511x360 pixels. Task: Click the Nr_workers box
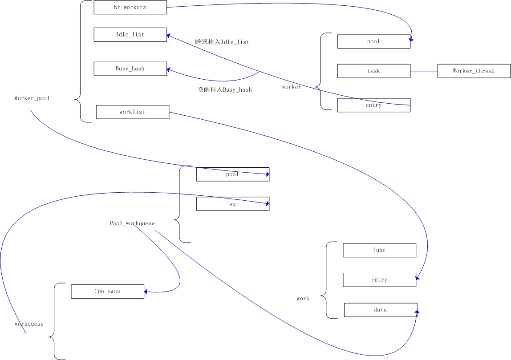130,8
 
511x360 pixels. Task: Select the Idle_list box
130,35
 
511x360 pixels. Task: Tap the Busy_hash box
130,69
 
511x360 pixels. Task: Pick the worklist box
132,112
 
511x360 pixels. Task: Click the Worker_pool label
32,98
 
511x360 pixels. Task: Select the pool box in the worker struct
373,41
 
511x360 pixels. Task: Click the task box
373,71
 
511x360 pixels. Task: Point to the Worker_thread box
474,71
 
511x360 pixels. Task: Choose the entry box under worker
373,105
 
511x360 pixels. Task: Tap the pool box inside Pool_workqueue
232,174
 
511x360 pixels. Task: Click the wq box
232,204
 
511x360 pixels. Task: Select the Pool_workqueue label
132,223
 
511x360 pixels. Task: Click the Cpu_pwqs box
107,291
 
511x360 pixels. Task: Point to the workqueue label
29,324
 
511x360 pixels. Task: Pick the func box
379,250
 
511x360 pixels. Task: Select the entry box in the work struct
379,280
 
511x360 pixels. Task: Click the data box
381,310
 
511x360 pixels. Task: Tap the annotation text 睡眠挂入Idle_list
222,42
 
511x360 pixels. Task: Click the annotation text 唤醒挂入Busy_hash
224,90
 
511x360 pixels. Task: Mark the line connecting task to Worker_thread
424,71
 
